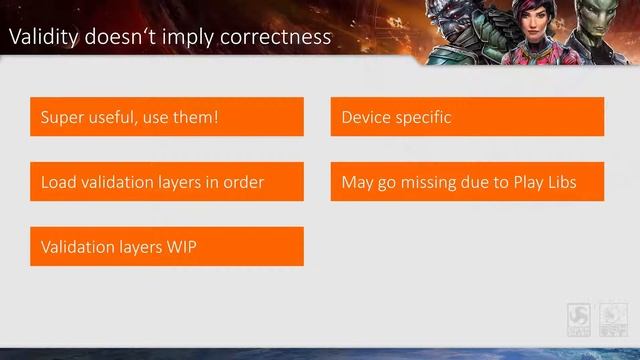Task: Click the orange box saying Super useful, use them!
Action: click(167, 117)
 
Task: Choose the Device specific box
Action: click(467, 117)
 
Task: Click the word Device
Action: click(366, 117)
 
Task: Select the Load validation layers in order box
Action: click(167, 182)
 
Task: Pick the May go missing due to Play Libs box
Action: click(467, 182)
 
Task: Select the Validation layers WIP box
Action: click(167, 246)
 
